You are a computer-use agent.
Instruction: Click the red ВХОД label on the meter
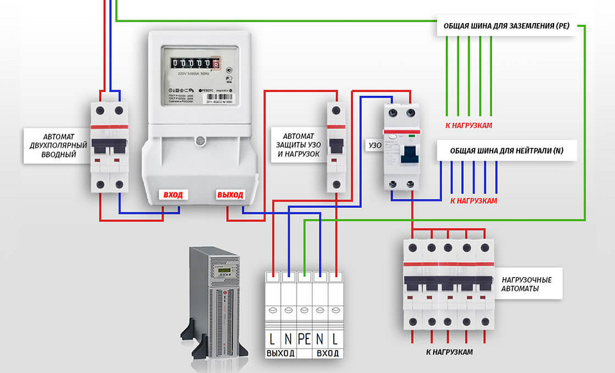tap(174, 194)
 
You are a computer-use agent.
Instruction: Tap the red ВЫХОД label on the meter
tap(230, 194)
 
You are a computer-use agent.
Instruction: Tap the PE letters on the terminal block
tap(304, 337)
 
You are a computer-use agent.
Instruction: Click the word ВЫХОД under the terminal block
tap(281, 353)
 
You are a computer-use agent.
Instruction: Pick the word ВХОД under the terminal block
tap(328, 353)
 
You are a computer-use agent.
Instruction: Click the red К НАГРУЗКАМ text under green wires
tap(470, 125)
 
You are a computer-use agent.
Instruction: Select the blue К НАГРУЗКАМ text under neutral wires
tap(474, 200)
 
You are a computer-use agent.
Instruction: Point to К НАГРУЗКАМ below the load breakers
tap(449, 353)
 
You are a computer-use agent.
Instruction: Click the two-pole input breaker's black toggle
tap(109, 147)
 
